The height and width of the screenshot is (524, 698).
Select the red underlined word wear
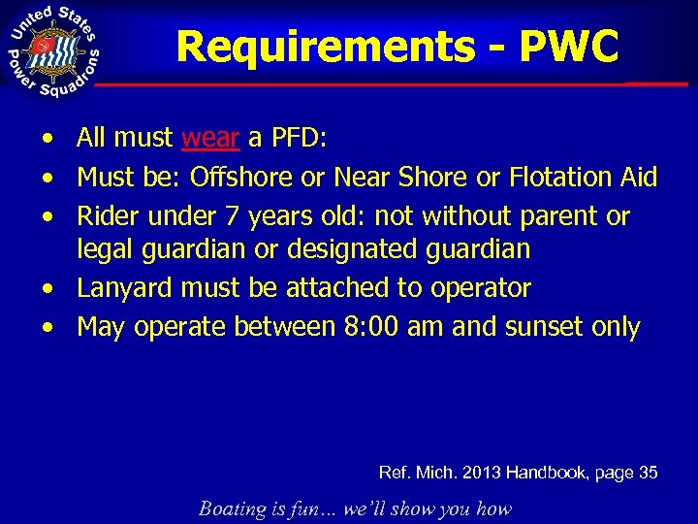pyautogui.click(x=210, y=139)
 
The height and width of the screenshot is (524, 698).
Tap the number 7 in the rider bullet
pyautogui.click(x=240, y=216)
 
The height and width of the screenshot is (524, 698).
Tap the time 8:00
pyautogui.click(x=373, y=327)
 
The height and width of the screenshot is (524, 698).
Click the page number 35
pyautogui.click(x=649, y=473)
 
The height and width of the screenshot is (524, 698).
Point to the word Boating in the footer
pyautogui.click(x=233, y=508)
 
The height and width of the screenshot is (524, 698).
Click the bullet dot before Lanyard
pyautogui.click(x=48, y=289)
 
